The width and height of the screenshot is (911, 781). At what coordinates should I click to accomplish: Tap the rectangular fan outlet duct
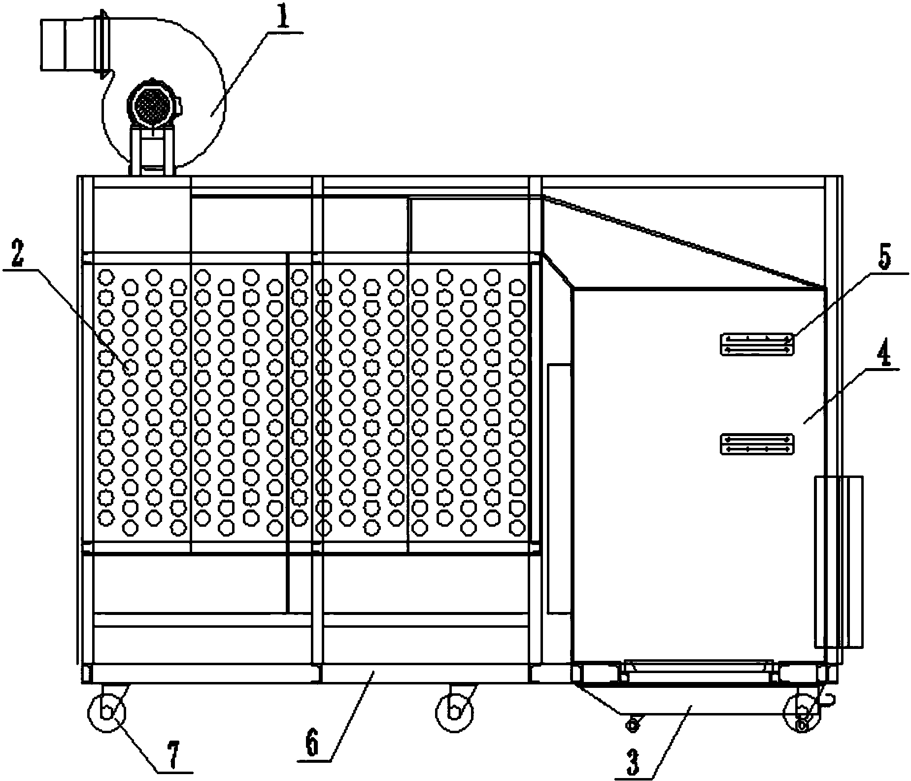(x=66, y=44)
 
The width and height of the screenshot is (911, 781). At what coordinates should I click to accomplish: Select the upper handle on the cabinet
(x=757, y=343)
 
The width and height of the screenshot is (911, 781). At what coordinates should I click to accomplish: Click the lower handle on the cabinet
(x=757, y=444)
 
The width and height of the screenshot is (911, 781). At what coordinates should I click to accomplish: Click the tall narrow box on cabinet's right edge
(x=838, y=561)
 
